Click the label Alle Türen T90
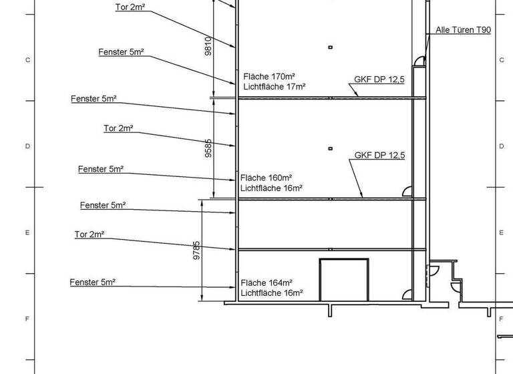coord(463,30)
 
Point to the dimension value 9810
coord(208,45)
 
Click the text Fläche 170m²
coord(269,77)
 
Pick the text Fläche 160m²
coord(267,178)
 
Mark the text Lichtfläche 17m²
coord(275,87)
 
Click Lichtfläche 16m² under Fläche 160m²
coord(272,188)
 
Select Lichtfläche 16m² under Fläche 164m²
coord(272,293)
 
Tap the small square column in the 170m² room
coord(330,47)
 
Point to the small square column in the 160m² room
coord(330,148)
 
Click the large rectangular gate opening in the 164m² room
coord(344,280)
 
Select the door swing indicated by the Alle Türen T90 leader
coord(419,61)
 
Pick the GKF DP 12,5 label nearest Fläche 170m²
coord(379,79)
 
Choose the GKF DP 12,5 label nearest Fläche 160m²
coord(379,156)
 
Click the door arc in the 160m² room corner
coord(407,192)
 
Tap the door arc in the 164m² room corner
coord(407,295)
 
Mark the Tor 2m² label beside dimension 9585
coord(118,128)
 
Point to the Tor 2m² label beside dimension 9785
coord(89,234)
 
